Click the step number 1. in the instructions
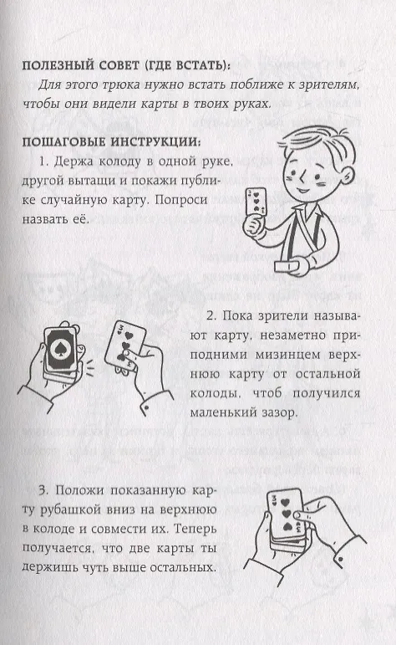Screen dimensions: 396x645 click(x=44, y=161)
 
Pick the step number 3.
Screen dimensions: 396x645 click(x=44, y=490)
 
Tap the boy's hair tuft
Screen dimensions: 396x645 click(x=317, y=138)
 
